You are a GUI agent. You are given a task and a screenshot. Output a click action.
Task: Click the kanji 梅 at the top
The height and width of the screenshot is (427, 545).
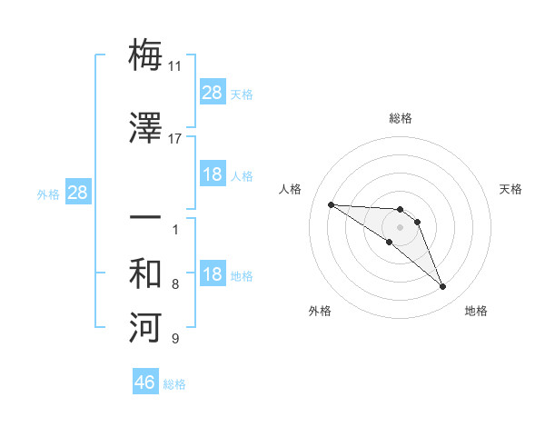(x=145, y=55)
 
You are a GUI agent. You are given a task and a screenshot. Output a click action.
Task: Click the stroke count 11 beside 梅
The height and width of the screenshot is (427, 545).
(x=175, y=66)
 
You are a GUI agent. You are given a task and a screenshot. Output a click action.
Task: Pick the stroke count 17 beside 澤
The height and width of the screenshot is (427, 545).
(x=175, y=138)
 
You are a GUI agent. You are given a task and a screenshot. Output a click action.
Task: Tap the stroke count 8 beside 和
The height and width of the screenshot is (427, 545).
(x=175, y=284)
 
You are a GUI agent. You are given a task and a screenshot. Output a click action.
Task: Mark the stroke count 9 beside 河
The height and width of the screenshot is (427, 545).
(x=175, y=339)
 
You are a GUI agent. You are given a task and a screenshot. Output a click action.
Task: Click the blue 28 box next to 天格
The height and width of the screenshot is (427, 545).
(x=213, y=92)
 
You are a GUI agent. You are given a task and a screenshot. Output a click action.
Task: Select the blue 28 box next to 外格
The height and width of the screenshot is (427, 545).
(x=77, y=193)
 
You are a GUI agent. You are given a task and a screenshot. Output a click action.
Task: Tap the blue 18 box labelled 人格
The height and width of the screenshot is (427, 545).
(x=213, y=174)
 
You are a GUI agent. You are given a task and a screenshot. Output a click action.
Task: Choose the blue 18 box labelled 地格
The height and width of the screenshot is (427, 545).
(x=213, y=275)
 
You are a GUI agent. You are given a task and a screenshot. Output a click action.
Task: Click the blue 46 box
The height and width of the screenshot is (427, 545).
(x=145, y=382)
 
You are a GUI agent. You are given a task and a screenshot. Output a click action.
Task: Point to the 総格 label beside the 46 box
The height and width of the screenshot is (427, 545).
(x=174, y=384)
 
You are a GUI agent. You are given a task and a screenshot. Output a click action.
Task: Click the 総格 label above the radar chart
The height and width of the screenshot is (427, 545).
(x=400, y=118)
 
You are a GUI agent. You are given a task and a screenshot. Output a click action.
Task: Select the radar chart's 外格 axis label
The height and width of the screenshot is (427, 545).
(x=320, y=311)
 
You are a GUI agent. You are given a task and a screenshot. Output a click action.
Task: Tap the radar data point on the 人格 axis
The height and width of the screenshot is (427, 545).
(x=331, y=204)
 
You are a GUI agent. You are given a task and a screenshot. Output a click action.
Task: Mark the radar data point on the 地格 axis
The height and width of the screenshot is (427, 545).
(x=443, y=287)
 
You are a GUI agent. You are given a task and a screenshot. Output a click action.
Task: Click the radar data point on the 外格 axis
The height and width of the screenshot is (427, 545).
(x=389, y=242)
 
